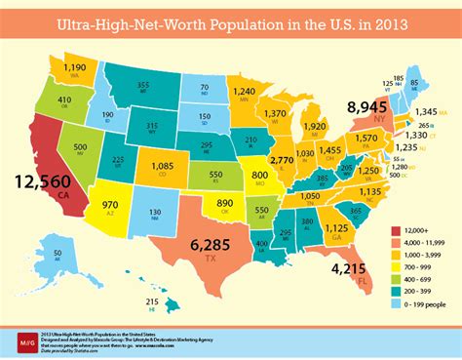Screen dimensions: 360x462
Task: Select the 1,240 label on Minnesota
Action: click(246, 91)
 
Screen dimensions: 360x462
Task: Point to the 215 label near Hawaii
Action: click(151, 302)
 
